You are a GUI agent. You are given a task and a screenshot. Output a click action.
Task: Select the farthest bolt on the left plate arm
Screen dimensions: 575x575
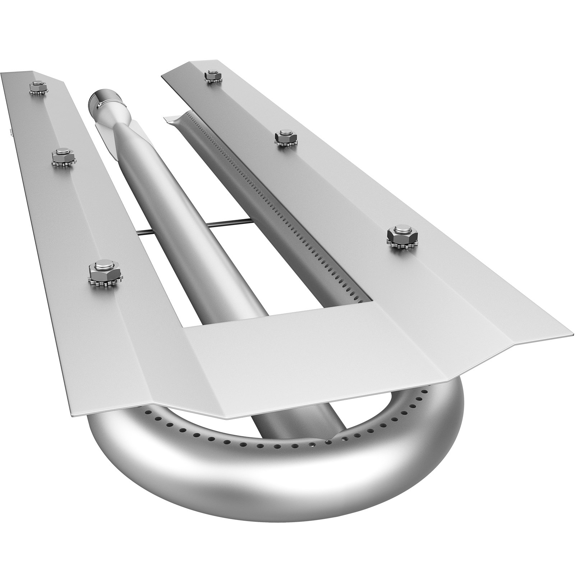[x=37, y=88]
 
